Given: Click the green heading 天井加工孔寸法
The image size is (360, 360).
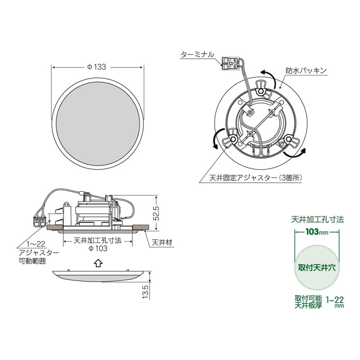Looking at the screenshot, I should coord(317,220).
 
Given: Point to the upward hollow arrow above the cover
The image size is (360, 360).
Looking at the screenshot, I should coord(97,262).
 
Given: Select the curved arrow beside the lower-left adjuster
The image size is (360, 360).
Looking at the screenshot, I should coord(216,139).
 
